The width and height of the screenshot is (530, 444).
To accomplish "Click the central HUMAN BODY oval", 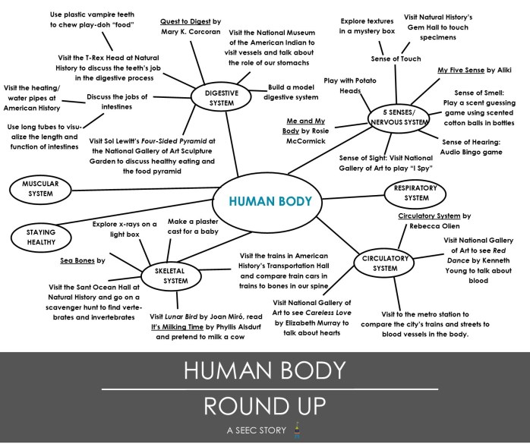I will tap(271, 202).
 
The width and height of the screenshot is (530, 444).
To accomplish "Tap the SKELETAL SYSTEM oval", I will tap(175, 276).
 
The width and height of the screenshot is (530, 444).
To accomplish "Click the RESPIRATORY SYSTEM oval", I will tap(416, 193).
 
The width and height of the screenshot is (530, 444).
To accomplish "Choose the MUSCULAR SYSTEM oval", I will tap(39, 188).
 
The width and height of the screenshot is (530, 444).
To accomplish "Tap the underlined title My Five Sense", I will tap(460, 70).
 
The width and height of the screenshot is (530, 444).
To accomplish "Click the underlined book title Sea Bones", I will tap(77, 260).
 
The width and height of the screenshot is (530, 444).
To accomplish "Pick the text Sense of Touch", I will tap(396, 58).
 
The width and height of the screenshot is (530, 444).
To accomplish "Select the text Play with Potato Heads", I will tap(349, 85).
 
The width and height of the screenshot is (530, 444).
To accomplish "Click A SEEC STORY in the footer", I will tap(255, 430).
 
